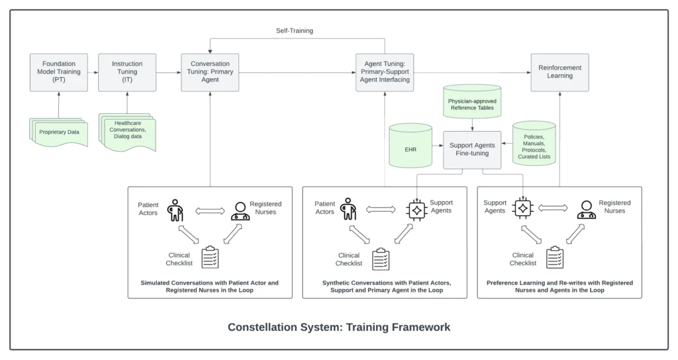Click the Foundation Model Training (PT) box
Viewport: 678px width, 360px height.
(x=59, y=72)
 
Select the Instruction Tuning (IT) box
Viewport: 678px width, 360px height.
(x=127, y=72)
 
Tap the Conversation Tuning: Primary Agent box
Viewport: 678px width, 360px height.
(x=210, y=72)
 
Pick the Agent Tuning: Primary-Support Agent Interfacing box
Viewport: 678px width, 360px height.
(x=384, y=72)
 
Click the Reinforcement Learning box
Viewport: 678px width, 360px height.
(x=559, y=72)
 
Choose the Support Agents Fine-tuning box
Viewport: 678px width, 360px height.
(x=471, y=149)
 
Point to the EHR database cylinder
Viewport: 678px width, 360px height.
(x=411, y=149)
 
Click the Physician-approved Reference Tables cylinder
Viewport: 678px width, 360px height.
(x=471, y=103)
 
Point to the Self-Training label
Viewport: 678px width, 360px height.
(x=295, y=30)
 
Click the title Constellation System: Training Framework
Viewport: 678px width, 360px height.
(x=339, y=327)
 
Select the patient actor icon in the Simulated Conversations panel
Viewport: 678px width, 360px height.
(x=175, y=210)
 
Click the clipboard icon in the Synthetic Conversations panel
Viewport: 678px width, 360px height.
(x=381, y=259)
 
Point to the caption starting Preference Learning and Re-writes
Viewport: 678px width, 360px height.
(x=559, y=287)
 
